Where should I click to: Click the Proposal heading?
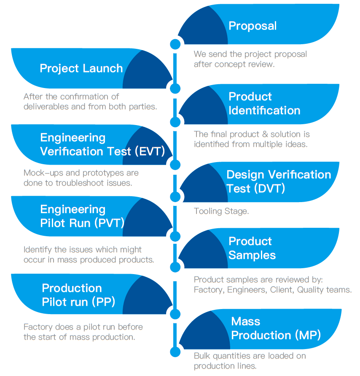[253, 26]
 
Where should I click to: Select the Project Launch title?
[81, 69]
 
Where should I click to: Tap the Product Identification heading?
[264, 104]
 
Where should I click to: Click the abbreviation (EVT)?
[150, 152]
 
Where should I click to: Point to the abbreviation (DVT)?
[269, 188]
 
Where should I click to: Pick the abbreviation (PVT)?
[110, 223]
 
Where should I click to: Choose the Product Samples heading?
[252, 248]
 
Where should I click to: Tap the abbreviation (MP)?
[308, 335]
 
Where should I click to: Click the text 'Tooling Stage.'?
[221, 211]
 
